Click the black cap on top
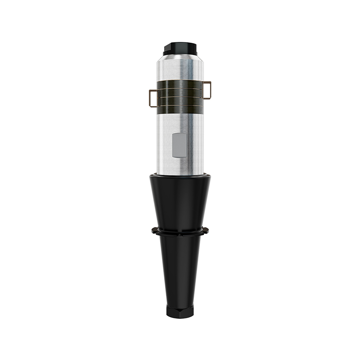click(180, 46)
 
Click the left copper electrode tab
click(152, 98)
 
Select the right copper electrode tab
click(207, 89)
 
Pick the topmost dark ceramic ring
click(180, 86)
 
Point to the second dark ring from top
click(180, 94)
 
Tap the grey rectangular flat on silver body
click(179, 144)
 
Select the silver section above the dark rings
click(180, 70)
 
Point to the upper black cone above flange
click(180, 202)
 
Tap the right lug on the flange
click(207, 231)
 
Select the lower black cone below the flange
click(180, 270)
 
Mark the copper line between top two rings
click(180, 90)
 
